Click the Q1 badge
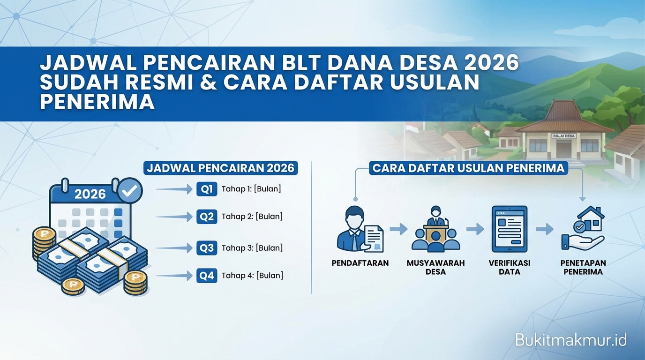(x=207, y=189)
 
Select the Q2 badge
(x=207, y=217)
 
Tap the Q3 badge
(x=207, y=248)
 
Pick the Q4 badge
(x=207, y=276)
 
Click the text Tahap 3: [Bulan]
(x=252, y=248)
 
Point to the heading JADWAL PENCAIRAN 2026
(x=220, y=168)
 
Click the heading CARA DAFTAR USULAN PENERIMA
(x=468, y=168)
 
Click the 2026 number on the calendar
(x=90, y=194)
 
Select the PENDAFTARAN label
(x=360, y=263)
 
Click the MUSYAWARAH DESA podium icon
(x=435, y=229)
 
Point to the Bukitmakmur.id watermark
(x=570, y=340)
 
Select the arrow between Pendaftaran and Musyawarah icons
(x=398, y=229)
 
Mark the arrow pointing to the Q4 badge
(x=174, y=276)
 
